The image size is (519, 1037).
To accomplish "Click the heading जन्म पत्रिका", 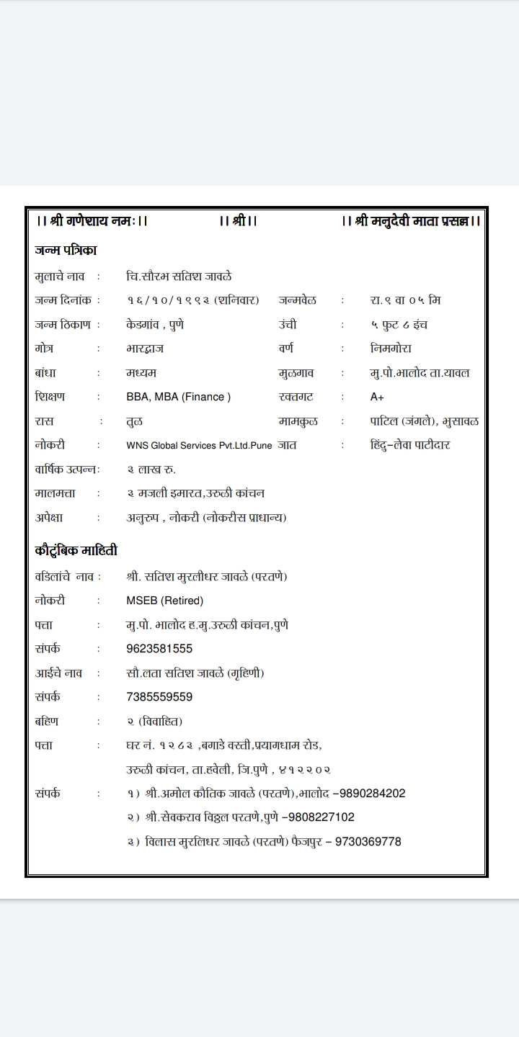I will coord(66,251).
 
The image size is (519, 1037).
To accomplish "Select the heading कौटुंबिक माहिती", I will coord(76,551).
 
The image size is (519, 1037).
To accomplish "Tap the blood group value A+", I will coord(377,397).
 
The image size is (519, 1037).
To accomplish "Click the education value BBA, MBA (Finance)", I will coord(178,397).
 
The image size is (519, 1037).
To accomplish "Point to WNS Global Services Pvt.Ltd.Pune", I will coord(199,445).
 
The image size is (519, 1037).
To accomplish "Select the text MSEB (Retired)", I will coord(164,601).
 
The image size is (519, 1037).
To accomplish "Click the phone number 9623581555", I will coord(159,649).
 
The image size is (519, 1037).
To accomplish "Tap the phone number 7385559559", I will coord(159,697).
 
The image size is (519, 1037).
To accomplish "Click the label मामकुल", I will coord(298,421).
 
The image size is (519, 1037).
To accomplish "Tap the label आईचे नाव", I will coord(58,673).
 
